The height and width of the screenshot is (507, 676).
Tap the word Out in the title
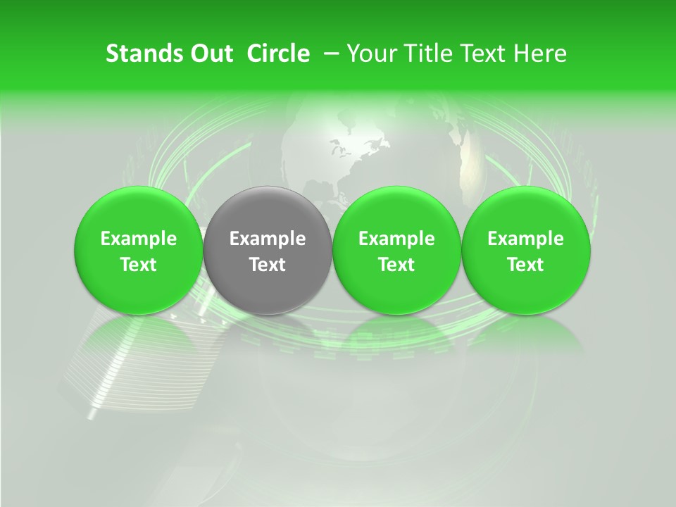pyautogui.click(x=210, y=54)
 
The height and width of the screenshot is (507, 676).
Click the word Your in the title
pyautogui.click(x=369, y=54)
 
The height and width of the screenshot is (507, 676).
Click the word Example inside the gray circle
pyautogui.click(x=268, y=239)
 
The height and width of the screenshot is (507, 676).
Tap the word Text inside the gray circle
pyautogui.click(x=268, y=265)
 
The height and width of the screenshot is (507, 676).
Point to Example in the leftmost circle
pyautogui.click(x=139, y=239)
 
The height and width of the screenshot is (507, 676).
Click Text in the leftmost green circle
pyautogui.click(x=139, y=265)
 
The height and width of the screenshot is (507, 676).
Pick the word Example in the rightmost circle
pyautogui.click(x=526, y=239)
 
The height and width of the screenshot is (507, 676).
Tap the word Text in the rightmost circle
pyautogui.click(x=526, y=265)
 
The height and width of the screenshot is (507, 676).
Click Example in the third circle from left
pyautogui.click(x=396, y=239)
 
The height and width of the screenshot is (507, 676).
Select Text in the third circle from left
pyautogui.click(x=396, y=265)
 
